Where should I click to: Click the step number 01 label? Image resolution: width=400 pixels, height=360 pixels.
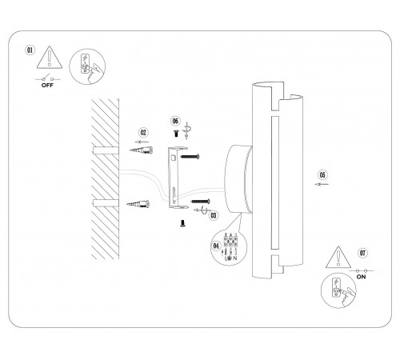tap(30, 49)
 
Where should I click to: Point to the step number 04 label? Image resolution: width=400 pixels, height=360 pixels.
tap(217, 244)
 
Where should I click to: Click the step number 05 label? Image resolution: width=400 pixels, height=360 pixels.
tap(322, 174)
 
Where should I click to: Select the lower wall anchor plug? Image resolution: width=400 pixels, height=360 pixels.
tap(141, 205)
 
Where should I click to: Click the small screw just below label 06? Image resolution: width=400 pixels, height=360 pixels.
tap(176, 136)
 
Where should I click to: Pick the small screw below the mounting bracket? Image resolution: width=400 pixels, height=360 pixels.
tap(182, 223)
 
